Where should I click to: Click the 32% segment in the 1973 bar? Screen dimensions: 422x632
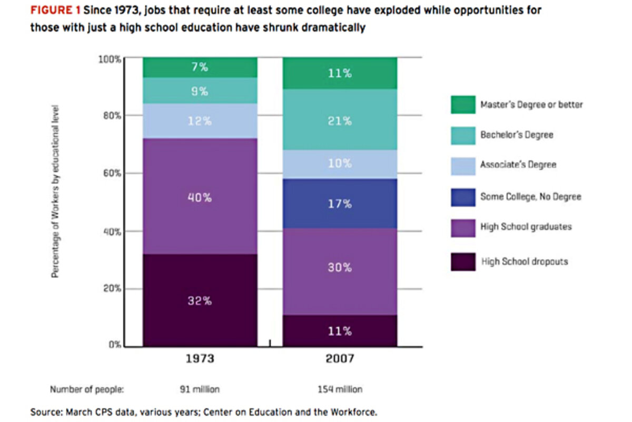click(200, 300)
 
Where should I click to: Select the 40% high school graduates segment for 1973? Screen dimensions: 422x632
click(200, 198)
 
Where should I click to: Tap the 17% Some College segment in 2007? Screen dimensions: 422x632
click(340, 204)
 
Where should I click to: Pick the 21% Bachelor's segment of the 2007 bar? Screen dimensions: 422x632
click(340, 120)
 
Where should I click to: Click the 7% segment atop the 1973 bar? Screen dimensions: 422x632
click(200, 68)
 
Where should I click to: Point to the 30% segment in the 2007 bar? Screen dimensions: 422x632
click(340, 267)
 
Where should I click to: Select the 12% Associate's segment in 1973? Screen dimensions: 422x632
click(200, 120)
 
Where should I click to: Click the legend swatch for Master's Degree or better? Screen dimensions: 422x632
click(463, 104)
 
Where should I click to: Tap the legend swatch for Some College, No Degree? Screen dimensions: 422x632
click(463, 196)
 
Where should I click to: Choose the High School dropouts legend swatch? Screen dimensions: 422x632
click(463, 261)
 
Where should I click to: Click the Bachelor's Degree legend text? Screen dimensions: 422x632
click(516, 135)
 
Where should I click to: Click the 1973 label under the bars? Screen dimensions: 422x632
click(200, 359)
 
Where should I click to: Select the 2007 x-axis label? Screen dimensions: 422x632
click(340, 359)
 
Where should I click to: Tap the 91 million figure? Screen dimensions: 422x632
click(200, 389)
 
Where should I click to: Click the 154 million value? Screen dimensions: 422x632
click(340, 389)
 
